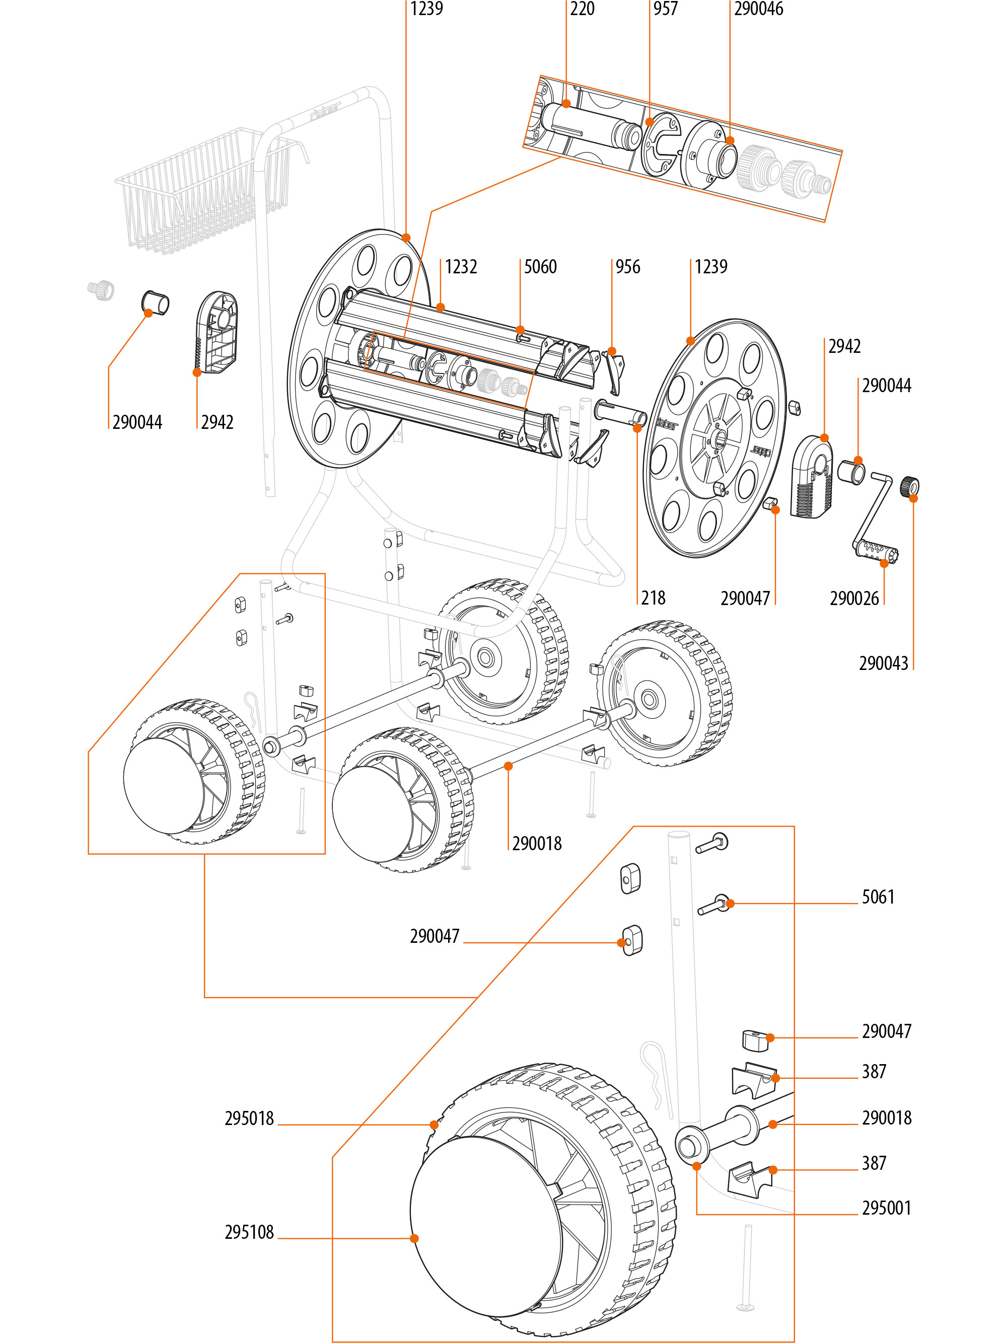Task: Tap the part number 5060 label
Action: (540, 267)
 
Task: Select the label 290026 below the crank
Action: (854, 599)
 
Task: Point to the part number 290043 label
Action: (883, 663)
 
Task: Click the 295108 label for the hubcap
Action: (249, 1232)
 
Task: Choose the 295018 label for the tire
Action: (249, 1118)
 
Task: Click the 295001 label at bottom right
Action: (886, 1208)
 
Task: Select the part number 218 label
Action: (653, 598)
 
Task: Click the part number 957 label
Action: (665, 9)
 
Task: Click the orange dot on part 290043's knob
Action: (913, 498)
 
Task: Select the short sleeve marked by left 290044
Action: (156, 303)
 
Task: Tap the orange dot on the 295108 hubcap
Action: (414, 1239)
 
